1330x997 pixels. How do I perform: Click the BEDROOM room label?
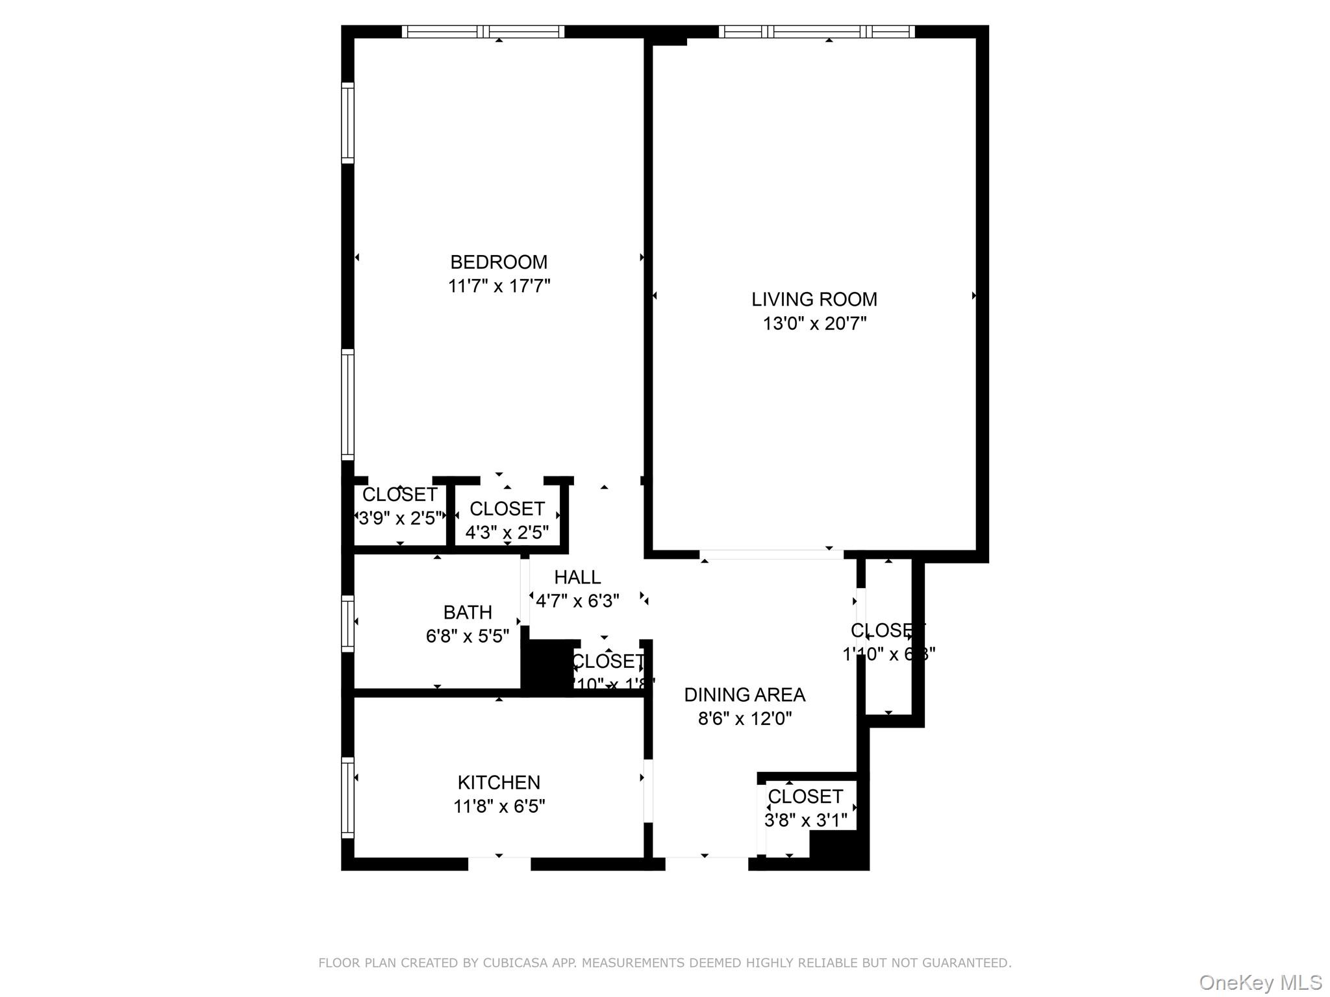499,262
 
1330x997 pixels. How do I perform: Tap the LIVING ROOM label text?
814,299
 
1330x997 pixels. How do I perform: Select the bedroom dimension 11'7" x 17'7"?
499,286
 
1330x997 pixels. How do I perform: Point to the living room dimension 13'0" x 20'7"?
814,323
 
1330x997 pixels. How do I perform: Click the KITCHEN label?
499,782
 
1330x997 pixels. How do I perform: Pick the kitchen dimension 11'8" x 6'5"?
499,806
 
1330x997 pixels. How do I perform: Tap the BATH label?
468,612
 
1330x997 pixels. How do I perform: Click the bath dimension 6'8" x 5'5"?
468,636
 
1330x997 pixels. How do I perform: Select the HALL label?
577,577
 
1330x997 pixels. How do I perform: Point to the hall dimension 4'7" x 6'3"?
577,601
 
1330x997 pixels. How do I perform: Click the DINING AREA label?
745,695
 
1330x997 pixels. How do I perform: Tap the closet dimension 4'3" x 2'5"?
507,532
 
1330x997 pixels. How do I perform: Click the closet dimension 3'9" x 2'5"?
400,518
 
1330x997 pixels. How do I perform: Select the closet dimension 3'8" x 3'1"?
805,820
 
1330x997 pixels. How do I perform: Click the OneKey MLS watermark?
1260,982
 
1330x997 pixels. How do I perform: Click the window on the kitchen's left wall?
348,797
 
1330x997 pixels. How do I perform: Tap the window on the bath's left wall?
348,623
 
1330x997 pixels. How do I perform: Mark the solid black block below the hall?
547,667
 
